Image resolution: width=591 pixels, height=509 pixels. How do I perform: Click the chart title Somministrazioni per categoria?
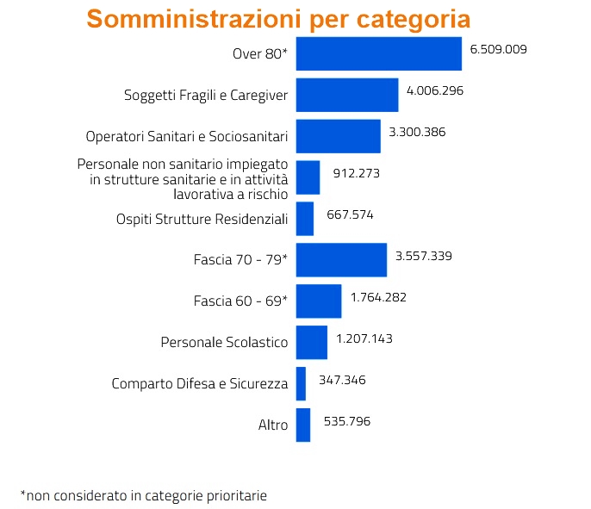point(279,20)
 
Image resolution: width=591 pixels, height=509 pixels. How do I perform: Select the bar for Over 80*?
point(378,53)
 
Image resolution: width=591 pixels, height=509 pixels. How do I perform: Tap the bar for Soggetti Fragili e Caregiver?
point(346,95)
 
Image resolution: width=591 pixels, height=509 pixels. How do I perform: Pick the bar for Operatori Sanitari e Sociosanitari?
point(338,136)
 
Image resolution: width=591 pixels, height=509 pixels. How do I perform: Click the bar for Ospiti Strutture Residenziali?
point(304,219)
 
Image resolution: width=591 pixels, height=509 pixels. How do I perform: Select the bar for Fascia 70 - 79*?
point(340,260)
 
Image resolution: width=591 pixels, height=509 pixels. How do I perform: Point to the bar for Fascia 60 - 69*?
point(318,301)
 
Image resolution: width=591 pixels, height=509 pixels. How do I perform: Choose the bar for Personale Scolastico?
point(311,342)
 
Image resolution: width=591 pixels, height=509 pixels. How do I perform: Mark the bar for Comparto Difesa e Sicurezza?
point(300,383)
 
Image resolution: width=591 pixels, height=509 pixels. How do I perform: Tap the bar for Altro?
point(302,425)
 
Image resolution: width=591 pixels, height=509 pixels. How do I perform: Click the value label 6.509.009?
point(498,49)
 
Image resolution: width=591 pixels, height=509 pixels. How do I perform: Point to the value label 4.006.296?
point(435,90)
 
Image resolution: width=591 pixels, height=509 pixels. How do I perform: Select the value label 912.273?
point(356,173)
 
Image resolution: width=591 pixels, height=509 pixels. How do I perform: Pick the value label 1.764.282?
point(378,297)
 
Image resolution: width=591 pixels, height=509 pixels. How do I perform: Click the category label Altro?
point(272,425)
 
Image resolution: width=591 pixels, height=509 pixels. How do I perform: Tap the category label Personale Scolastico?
point(224,343)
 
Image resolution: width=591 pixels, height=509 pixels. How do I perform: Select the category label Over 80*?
point(259,54)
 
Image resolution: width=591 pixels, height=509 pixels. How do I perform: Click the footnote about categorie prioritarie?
point(144,495)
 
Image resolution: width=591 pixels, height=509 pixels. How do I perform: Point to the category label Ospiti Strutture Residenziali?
point(202,220)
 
